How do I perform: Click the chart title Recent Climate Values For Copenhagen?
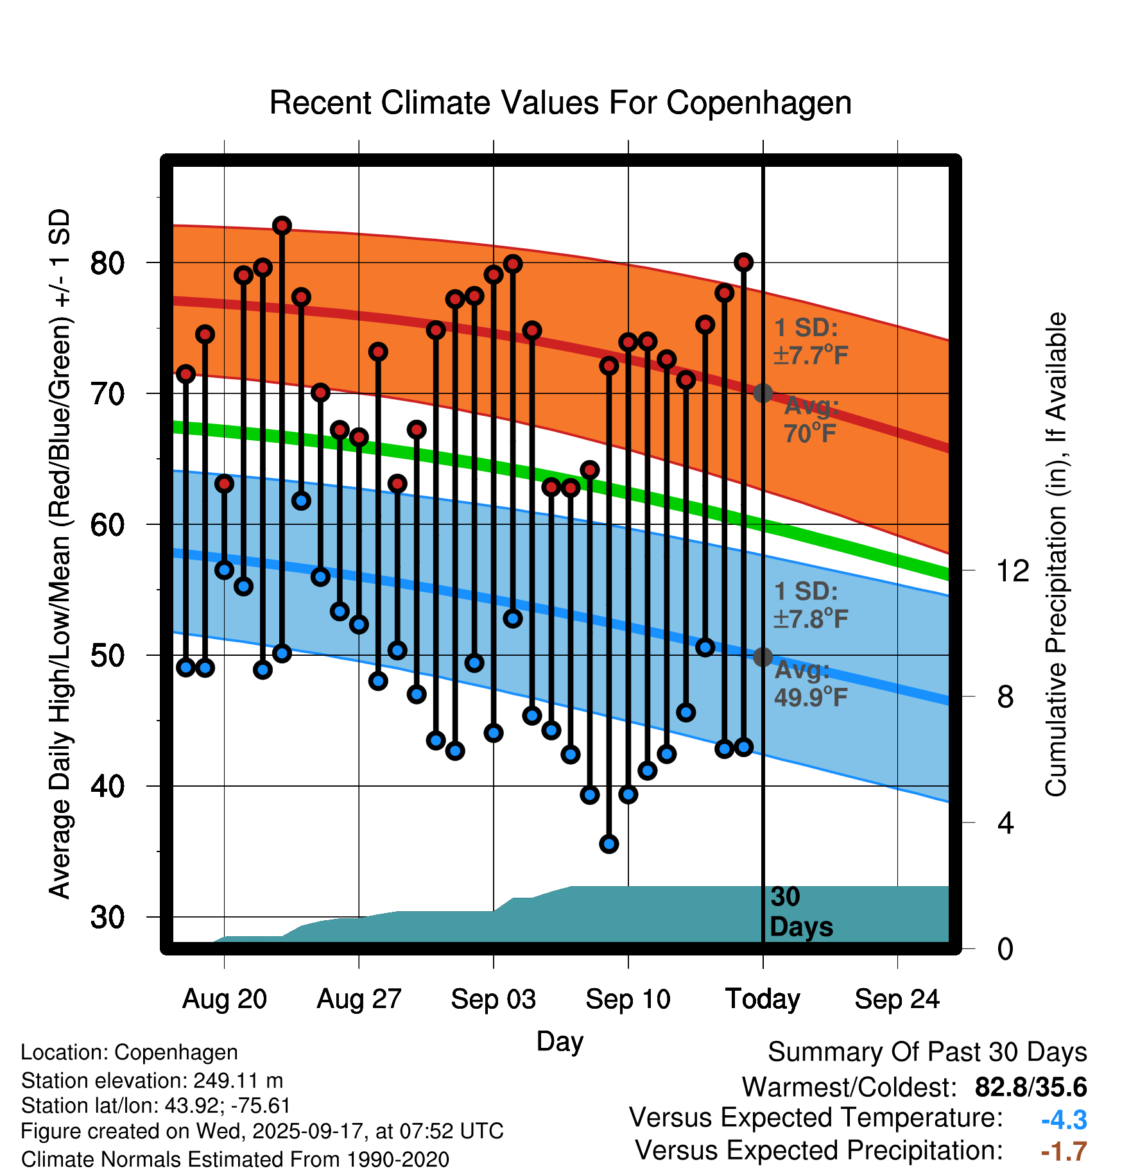pos(560,103)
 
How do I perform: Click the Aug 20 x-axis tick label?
pos(225,999)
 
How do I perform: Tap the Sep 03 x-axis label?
pos(493,999)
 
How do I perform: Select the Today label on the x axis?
pos(763,999)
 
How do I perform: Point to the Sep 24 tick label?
pos(897,999)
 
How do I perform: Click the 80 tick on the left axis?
pos(107,263)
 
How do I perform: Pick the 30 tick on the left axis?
pos(107,918)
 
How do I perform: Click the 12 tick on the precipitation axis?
pos(1012,570)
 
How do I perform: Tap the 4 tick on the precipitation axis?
pos(1005,823)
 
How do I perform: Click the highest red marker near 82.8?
pos(282,225)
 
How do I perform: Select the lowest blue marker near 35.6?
pos(609,844)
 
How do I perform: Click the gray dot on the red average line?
pos(763,393)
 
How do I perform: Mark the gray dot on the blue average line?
pos(763,657)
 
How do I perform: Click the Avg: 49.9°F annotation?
pos(810,683)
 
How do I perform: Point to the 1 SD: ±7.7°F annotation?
pos(810,341)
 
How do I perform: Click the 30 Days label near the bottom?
pos(800,912)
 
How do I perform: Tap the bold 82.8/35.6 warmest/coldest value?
pos(1030,1088)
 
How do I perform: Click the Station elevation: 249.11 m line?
pos(152,1081)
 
